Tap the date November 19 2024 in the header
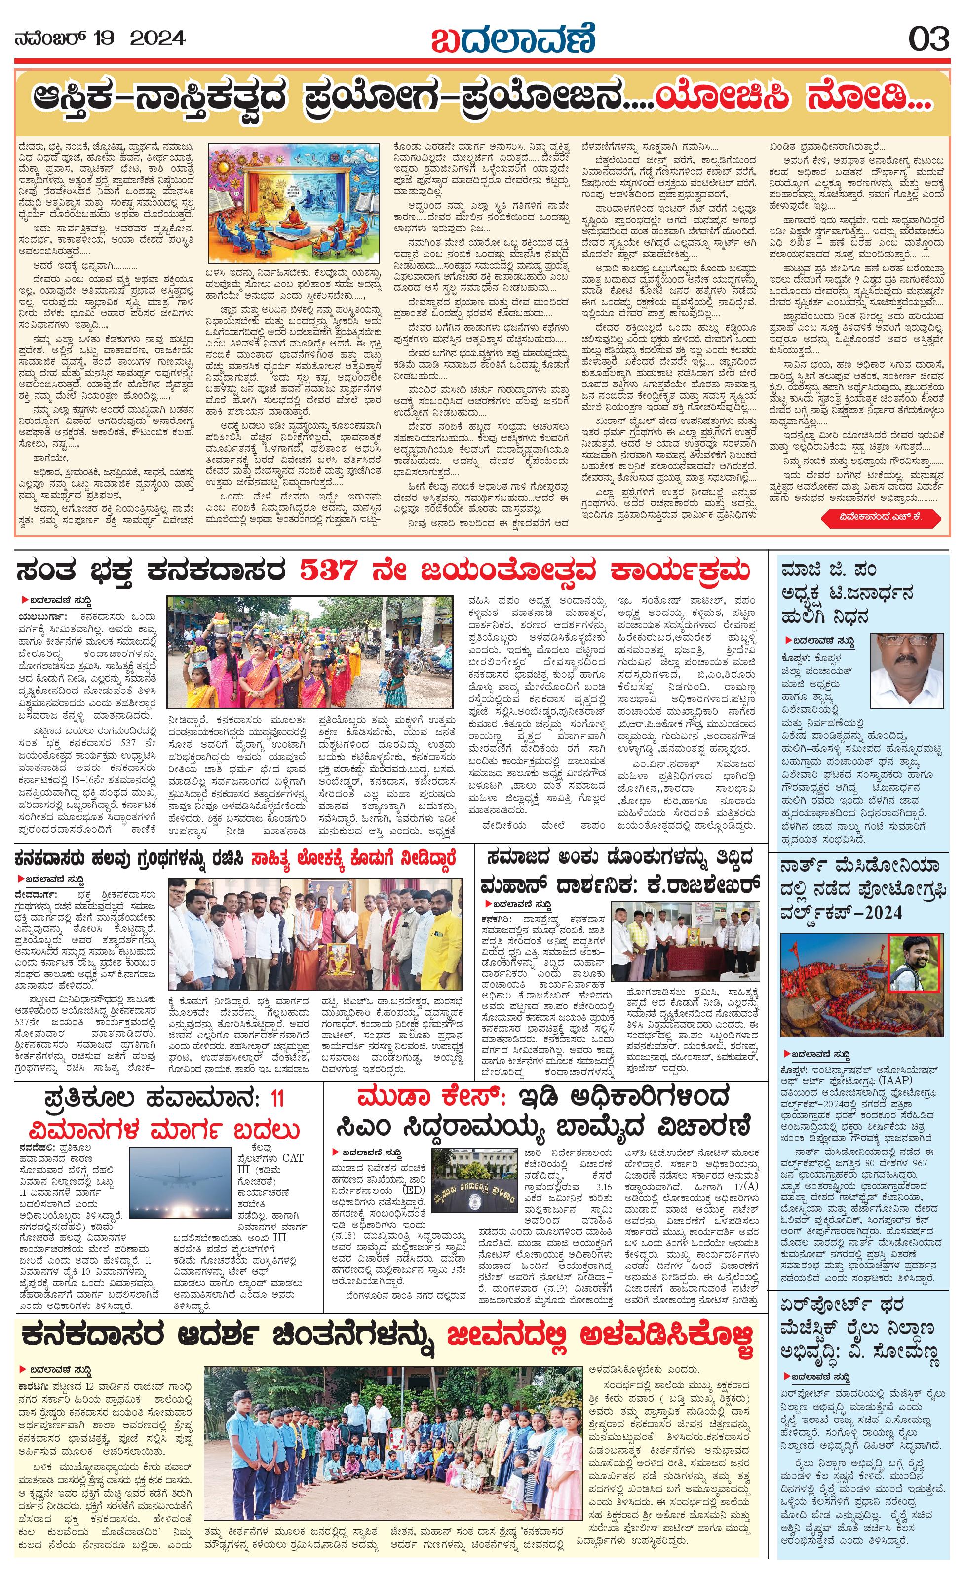100,39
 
